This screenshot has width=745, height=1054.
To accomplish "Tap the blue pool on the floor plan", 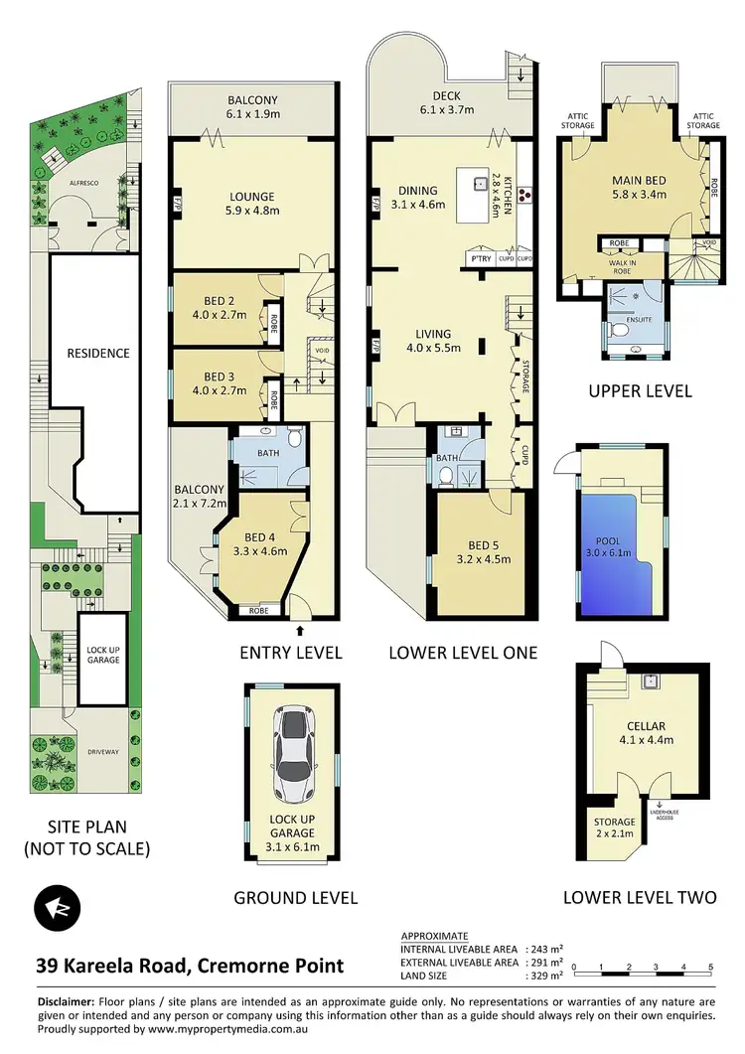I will point(617,553).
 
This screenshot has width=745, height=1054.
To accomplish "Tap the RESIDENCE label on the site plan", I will point(97,353).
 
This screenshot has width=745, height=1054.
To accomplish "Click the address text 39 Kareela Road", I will point(189,965).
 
